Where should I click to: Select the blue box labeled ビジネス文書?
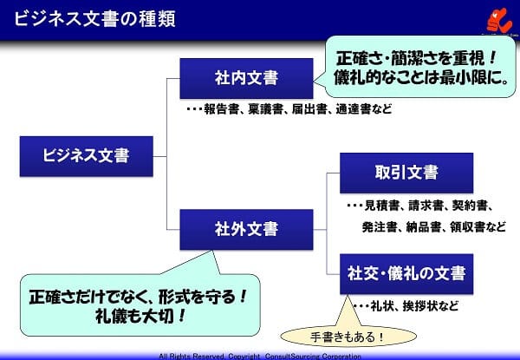pyautogui.click(x=86, y=156)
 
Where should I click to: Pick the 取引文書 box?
pyautogui.click(x=406, y=172)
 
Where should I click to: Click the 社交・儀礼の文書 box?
pyautogui.click(x=406, y=273)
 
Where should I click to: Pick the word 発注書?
pyautogui.click(x=380, y=227)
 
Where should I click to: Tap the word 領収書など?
pyautogui.click(x=478, y=227)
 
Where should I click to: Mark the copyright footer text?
pyautogui.click(x=259, y=356)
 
